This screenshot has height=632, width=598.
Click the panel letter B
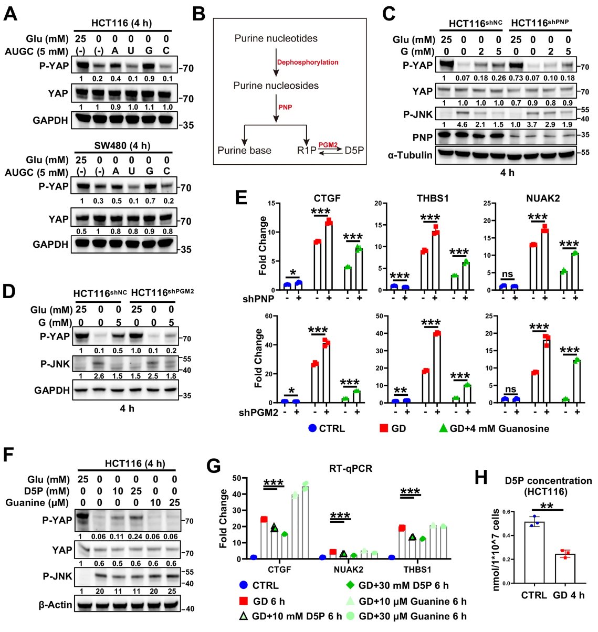198,14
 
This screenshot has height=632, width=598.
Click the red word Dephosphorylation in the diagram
308,62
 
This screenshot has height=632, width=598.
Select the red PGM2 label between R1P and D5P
328,143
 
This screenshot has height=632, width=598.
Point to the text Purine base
245,150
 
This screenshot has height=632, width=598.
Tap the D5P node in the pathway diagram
354,150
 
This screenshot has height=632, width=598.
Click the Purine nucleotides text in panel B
276,38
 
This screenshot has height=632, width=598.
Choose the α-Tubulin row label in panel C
410,155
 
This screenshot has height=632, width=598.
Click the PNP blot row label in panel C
423,137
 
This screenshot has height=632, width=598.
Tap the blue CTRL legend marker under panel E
313,428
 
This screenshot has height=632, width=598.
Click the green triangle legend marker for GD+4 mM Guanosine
443,428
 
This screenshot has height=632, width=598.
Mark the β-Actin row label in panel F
55,605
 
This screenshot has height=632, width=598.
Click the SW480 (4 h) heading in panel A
122,145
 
